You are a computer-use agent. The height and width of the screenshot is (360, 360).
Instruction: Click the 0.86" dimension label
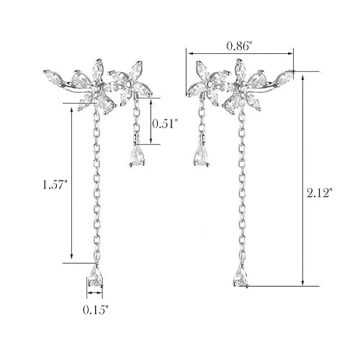point(240,45)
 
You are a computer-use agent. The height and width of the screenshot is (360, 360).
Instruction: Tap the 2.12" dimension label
point(320,192)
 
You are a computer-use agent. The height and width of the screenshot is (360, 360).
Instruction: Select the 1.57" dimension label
point(55,184)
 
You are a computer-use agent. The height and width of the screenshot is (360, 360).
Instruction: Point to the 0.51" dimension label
point(166,123)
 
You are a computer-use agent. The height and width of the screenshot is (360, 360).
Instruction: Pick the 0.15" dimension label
point(96,310)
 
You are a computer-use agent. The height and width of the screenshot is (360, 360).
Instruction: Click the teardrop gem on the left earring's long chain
point(96,276)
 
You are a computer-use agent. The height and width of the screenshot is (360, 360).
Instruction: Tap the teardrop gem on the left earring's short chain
point(138,156)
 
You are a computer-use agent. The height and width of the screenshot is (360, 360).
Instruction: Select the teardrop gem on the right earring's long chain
point(241,275)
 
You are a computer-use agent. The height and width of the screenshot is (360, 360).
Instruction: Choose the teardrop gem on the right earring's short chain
point(201,156)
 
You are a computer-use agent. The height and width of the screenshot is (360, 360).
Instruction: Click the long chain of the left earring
point(96,185)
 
